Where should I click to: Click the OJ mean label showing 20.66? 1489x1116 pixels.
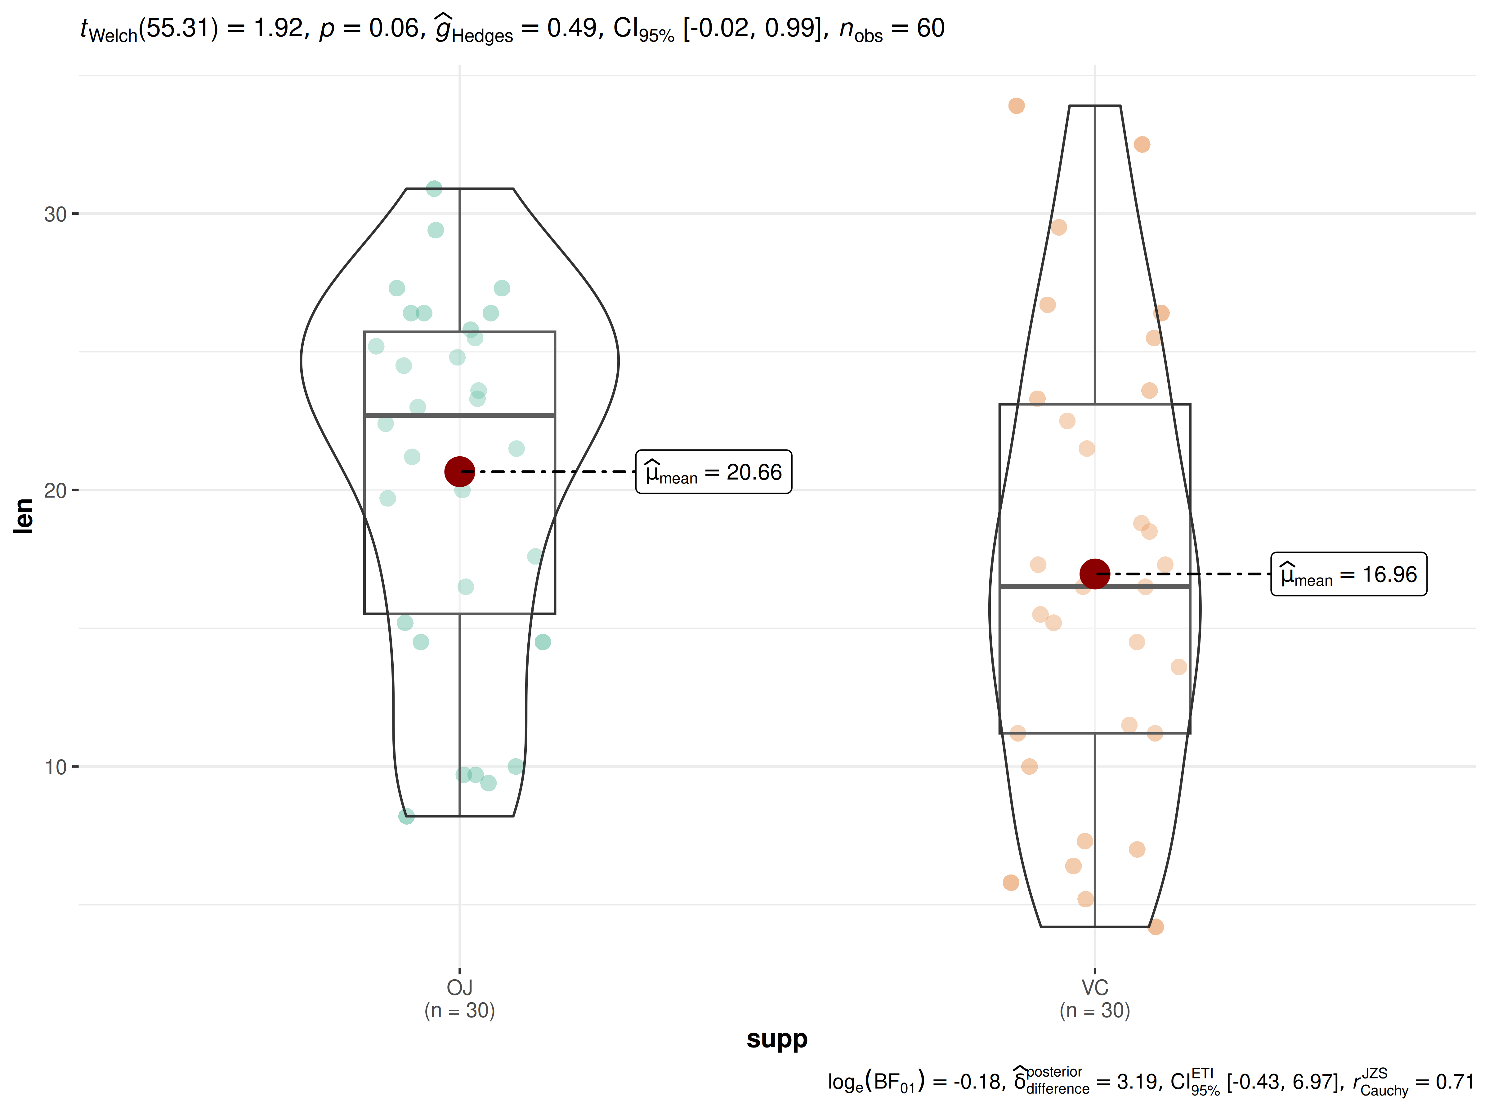click(x=713, y=472)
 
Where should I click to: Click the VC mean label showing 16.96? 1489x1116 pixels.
click(x=1348, y=574)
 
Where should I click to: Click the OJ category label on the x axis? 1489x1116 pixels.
click(x=460, y=988)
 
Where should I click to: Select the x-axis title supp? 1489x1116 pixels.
click(x=777, y=1039)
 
